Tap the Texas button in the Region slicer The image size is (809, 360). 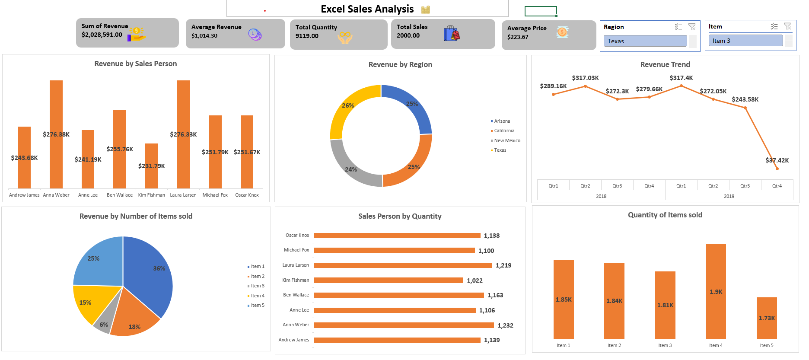[x=645, y=41]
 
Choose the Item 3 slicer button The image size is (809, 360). [x=745, y=41]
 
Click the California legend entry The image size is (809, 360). [x=504, y=131]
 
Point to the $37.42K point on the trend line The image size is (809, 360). [x=777, y=169]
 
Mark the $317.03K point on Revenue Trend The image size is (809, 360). [x=586, y=86]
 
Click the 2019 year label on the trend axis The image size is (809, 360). [x=729, y=196]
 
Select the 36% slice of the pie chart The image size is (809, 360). [x=151, y=272]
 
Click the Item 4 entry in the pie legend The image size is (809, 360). [x=258, y=296]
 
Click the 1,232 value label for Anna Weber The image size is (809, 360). [x=505, y=325]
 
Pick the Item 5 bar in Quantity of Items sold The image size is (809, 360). [x=767, y=318]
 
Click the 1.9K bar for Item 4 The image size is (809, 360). [x=716, y=292]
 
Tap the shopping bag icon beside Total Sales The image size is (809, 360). [x=452, y=33]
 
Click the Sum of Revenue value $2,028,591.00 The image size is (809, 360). [x=102, y=35]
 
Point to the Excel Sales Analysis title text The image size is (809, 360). [x=367, y=9]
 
